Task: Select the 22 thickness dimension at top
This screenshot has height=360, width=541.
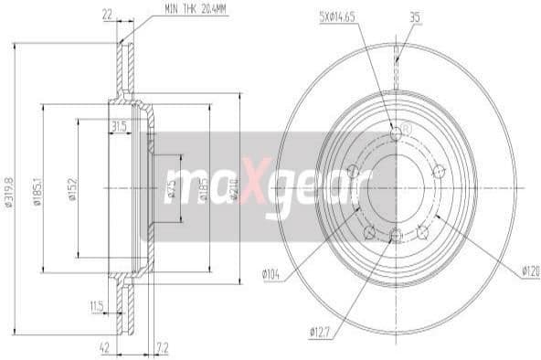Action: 109,16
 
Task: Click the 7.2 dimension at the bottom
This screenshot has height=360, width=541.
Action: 163,347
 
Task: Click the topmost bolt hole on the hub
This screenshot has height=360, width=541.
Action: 395,134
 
